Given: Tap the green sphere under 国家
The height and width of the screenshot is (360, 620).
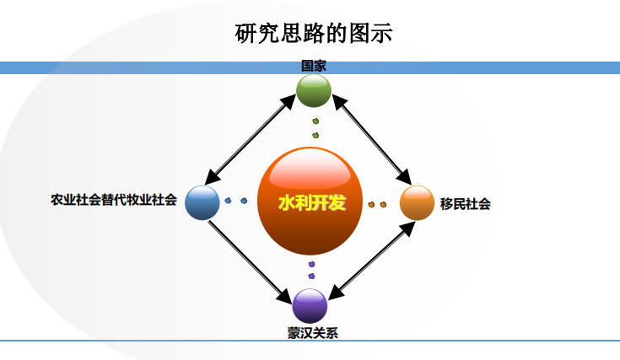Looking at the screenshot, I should tap(314, 91).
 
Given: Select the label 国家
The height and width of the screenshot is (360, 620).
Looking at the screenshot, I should tap(314, 65).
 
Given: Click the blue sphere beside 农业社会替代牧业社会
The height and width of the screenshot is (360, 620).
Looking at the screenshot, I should tap(202, 202).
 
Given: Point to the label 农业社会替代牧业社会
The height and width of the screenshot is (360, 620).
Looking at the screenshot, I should tap(114, 201).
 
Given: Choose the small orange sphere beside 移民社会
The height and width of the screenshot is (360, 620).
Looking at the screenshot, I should tap(417, 202).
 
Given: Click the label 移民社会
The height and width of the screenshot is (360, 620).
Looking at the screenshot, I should tap(465, 203).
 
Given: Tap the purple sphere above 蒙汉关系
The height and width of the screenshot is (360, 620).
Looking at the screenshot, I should tap(310, 305).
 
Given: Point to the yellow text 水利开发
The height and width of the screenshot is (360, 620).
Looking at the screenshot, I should tap(312, 203).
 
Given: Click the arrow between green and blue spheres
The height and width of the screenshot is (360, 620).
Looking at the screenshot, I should tap(251, 141).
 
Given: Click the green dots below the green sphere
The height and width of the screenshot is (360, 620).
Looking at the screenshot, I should tap(315, 128).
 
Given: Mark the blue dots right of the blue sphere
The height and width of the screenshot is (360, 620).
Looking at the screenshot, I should tap(236, 201).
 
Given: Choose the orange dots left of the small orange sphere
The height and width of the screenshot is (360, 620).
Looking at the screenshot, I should tap(377, 204).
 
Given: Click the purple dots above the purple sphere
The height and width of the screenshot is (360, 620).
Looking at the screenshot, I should tap(311, 270).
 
